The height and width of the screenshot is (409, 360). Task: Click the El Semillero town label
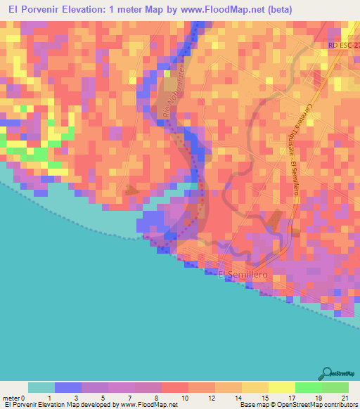pyautogui.click(x=243, y=274)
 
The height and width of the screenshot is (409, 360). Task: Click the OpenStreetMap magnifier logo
pyautogui.click(x=328, y=374)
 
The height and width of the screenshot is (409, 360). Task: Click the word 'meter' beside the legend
pyautogui.click(x=11, y=398)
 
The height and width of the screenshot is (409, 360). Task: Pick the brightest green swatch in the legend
pyautogui.click(x=309, y=387)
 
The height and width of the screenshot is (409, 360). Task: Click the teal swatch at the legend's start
pyautogui.click(x=41, y=387)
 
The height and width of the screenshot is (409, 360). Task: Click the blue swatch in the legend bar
pyautogui.click(x=68, y=387)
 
